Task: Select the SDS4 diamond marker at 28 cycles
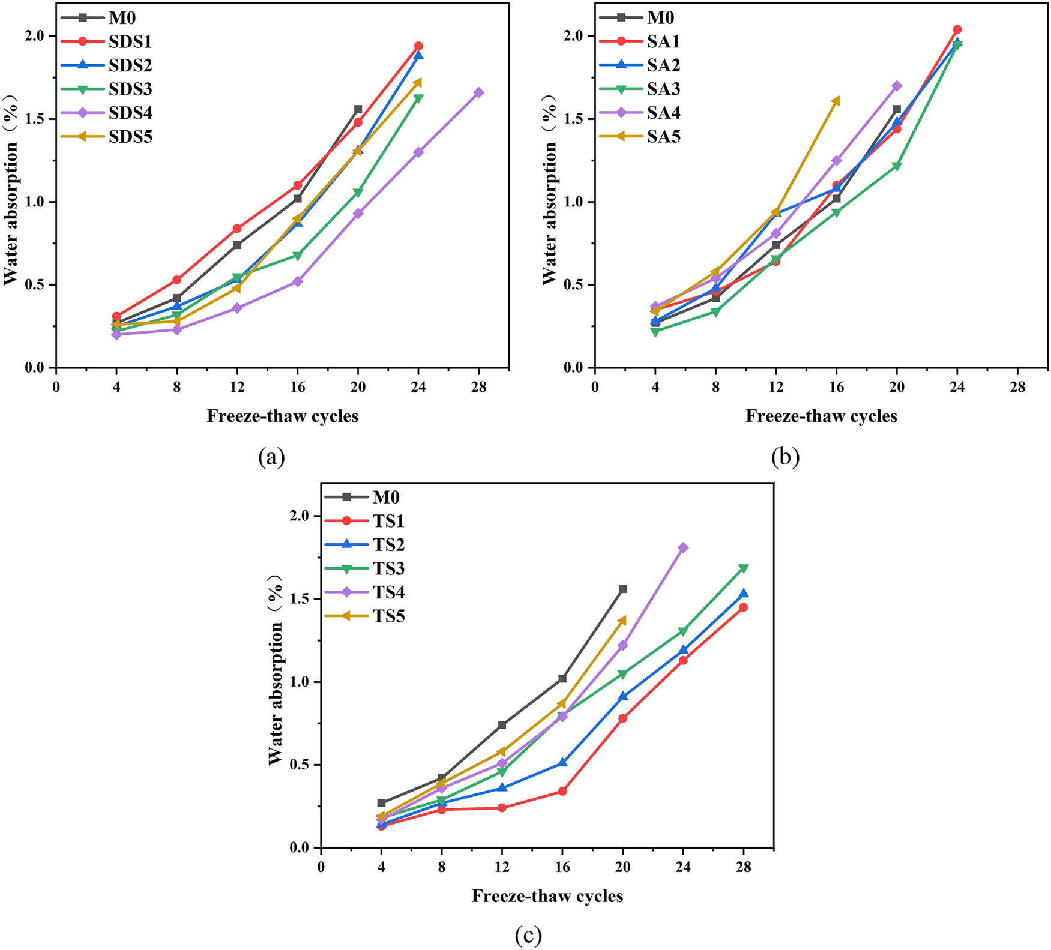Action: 479,92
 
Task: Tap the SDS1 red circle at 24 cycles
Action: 418,46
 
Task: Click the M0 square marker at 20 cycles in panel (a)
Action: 358,109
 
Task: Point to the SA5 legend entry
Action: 663,137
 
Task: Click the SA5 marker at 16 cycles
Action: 836,101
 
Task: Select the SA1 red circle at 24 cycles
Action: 957,29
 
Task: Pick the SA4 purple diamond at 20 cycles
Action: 897,86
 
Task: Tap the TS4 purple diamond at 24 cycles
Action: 683,547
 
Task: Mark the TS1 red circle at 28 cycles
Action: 744,607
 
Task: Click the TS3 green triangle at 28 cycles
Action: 744,568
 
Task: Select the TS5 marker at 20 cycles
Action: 622,620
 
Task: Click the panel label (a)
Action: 271,457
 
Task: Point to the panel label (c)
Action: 528,935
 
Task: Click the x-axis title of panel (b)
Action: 821,416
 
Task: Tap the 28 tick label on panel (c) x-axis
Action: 744,867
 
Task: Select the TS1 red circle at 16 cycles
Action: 562,792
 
